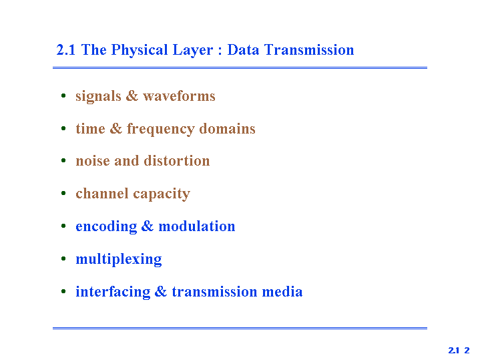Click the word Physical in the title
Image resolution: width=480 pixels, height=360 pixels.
coord(140,50)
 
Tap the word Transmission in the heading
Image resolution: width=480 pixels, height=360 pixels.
coord(309,49)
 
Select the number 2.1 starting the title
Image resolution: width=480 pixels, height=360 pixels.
coord(66,50)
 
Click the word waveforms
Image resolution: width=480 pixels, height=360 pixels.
coord(179,96)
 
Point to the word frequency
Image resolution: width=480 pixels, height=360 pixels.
coord(160,129)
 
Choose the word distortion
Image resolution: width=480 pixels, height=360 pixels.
coord(177,161)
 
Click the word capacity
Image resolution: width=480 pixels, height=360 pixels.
coord(162,194)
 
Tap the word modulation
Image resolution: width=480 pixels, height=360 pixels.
coord(196,226)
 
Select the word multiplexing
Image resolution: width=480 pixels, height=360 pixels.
coord(119,260)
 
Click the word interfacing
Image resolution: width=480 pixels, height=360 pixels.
coord(113,292)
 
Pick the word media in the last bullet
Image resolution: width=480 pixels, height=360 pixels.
coord(282,291)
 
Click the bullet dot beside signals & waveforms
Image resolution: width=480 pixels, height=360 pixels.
coord(63,96)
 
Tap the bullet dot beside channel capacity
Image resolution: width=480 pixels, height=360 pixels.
coord(63,193)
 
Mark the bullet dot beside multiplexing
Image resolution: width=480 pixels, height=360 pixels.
coord(63,258)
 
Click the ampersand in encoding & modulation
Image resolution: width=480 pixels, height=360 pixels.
coord(148,226)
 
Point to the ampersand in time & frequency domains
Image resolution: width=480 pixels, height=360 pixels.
coord(115,128)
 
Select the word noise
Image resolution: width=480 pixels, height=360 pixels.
coord(93,161)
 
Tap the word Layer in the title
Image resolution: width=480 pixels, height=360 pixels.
coord(193,50)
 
